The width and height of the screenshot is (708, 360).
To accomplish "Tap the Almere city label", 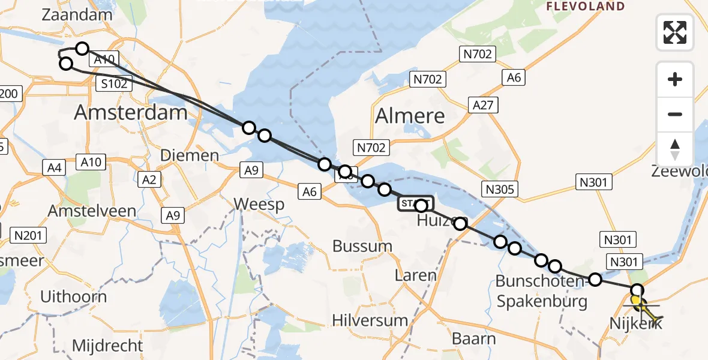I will pos(410,116).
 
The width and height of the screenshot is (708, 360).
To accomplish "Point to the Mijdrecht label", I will pos(107,346).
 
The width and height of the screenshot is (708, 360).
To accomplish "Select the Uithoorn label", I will pos(73,296).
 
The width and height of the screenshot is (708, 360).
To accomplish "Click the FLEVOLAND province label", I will pos(585,7).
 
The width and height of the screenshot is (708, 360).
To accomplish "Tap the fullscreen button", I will pos(675,32).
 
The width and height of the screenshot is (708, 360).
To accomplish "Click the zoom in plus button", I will pos(675,79).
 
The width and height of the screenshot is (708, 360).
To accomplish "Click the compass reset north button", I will pos(675,149).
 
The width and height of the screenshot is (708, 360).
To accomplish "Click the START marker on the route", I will pos(414,204).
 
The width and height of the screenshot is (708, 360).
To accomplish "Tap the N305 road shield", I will pos(499,190).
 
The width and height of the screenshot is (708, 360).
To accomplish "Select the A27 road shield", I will pos(483,106).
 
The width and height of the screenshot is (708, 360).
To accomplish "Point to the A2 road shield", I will pos(148,179).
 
